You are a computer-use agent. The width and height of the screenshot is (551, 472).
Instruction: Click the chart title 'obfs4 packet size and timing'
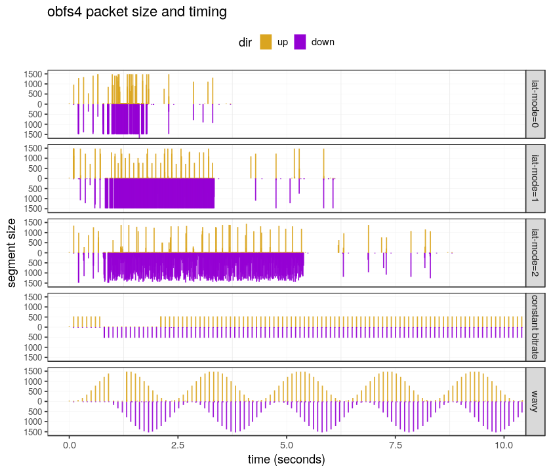137,12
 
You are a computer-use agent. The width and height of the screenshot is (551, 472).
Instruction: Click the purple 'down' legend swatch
300,42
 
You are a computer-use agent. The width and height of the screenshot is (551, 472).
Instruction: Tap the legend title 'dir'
245,42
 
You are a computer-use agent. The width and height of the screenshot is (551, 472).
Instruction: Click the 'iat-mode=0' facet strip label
535,104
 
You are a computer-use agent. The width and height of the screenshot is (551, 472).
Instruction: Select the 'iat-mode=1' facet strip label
535,178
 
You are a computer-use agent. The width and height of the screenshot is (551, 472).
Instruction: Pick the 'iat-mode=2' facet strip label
535,252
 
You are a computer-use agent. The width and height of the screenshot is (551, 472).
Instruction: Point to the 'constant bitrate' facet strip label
535,326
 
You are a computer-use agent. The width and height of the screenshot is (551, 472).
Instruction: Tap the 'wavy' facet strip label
535,401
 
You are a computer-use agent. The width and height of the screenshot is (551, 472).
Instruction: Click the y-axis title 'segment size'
12,253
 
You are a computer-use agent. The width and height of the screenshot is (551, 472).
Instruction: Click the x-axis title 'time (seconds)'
286,460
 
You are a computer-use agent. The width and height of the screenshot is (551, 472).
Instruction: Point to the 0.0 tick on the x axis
69,444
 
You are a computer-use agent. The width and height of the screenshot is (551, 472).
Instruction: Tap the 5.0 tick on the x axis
286,444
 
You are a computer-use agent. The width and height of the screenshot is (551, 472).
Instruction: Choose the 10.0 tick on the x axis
503,444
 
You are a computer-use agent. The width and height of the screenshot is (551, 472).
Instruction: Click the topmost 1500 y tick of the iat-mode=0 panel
35,73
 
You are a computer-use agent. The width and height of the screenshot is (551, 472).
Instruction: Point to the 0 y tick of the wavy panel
41,401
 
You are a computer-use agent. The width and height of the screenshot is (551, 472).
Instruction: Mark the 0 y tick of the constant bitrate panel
41,327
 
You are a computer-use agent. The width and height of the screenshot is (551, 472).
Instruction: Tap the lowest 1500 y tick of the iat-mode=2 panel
35,283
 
